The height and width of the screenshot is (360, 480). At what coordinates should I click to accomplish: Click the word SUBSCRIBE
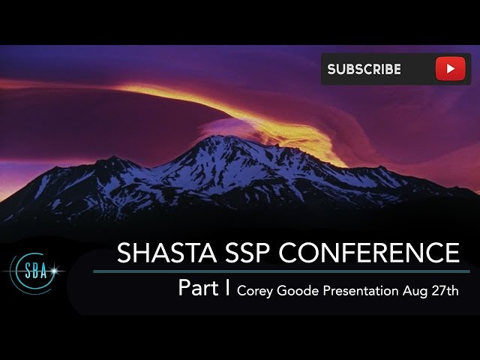[x=364, y=69]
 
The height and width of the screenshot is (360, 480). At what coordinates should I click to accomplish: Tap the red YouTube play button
[x=450, y=68]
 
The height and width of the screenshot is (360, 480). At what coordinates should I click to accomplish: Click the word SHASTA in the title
[x=166, y=253]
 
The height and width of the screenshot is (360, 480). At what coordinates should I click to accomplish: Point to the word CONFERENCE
[x=370, y=253]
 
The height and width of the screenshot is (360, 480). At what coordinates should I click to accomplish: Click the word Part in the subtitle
[x=198, y=288]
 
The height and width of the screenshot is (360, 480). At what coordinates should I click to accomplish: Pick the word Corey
[x=255, y=291]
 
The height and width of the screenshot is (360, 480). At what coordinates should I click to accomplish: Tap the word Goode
[x=298, y=290]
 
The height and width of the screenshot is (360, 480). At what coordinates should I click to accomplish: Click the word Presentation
[x=361, y=290]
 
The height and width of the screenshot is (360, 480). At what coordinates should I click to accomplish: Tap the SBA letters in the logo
[x=36, y=271]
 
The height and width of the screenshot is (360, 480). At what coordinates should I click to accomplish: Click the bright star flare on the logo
[x=55, y=271]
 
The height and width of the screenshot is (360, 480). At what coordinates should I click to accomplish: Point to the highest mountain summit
[x=220, y=136]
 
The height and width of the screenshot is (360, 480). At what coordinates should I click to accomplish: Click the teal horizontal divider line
[x=281, y=271]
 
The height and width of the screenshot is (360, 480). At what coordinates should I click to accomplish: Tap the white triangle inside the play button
[x=450, y=68]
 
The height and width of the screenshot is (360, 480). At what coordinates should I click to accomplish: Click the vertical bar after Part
[x=227, y=287]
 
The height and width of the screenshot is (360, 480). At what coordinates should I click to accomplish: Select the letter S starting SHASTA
[x=124, y=253]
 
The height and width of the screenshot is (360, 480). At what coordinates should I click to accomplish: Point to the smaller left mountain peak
[x=114, y=158]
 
